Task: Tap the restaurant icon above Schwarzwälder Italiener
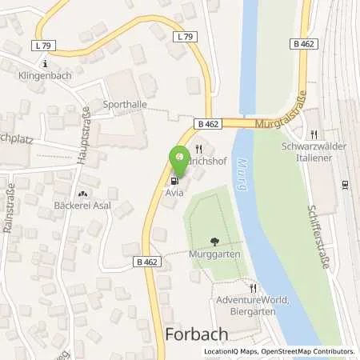tap(314, 133)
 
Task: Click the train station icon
tap(345, 185)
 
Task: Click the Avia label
tap(176, 193)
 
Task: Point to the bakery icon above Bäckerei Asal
tap(83, 194)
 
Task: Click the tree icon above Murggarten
tap(214, 241)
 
